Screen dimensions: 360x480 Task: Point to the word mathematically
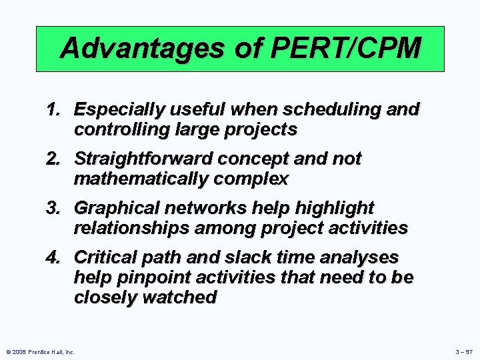click(x=140, y=179)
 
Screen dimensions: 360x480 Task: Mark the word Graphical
click(x=112, y=208)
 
